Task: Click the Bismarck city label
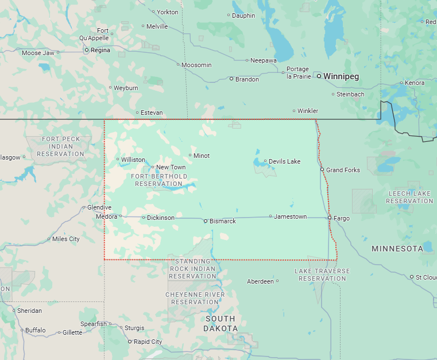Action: [x=222, y=221]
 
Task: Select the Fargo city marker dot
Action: [x=330, y=218]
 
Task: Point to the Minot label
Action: [x=202, y=156]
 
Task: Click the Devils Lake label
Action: [x=284, y=161]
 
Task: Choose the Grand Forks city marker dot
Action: [x=322, y=170]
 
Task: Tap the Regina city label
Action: [x=100, y=51]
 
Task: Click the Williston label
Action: [x=133, y=160]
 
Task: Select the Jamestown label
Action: [x=290, y=216]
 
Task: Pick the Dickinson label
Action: [x=160, y=218]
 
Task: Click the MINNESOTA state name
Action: [x=397, y=249]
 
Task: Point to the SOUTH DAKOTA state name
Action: [x=221, y=323]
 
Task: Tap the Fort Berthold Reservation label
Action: [x=159, y=180]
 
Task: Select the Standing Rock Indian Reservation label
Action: [x=192, y=269]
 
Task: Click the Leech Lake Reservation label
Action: [x=409, y=197]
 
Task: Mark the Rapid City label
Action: [x=148, y=342]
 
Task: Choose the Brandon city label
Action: [x=247, y=79]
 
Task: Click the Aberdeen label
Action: [x=260, y=281]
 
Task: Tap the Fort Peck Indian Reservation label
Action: [x=61, y=146]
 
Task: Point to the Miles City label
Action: [x=66, y=239]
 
